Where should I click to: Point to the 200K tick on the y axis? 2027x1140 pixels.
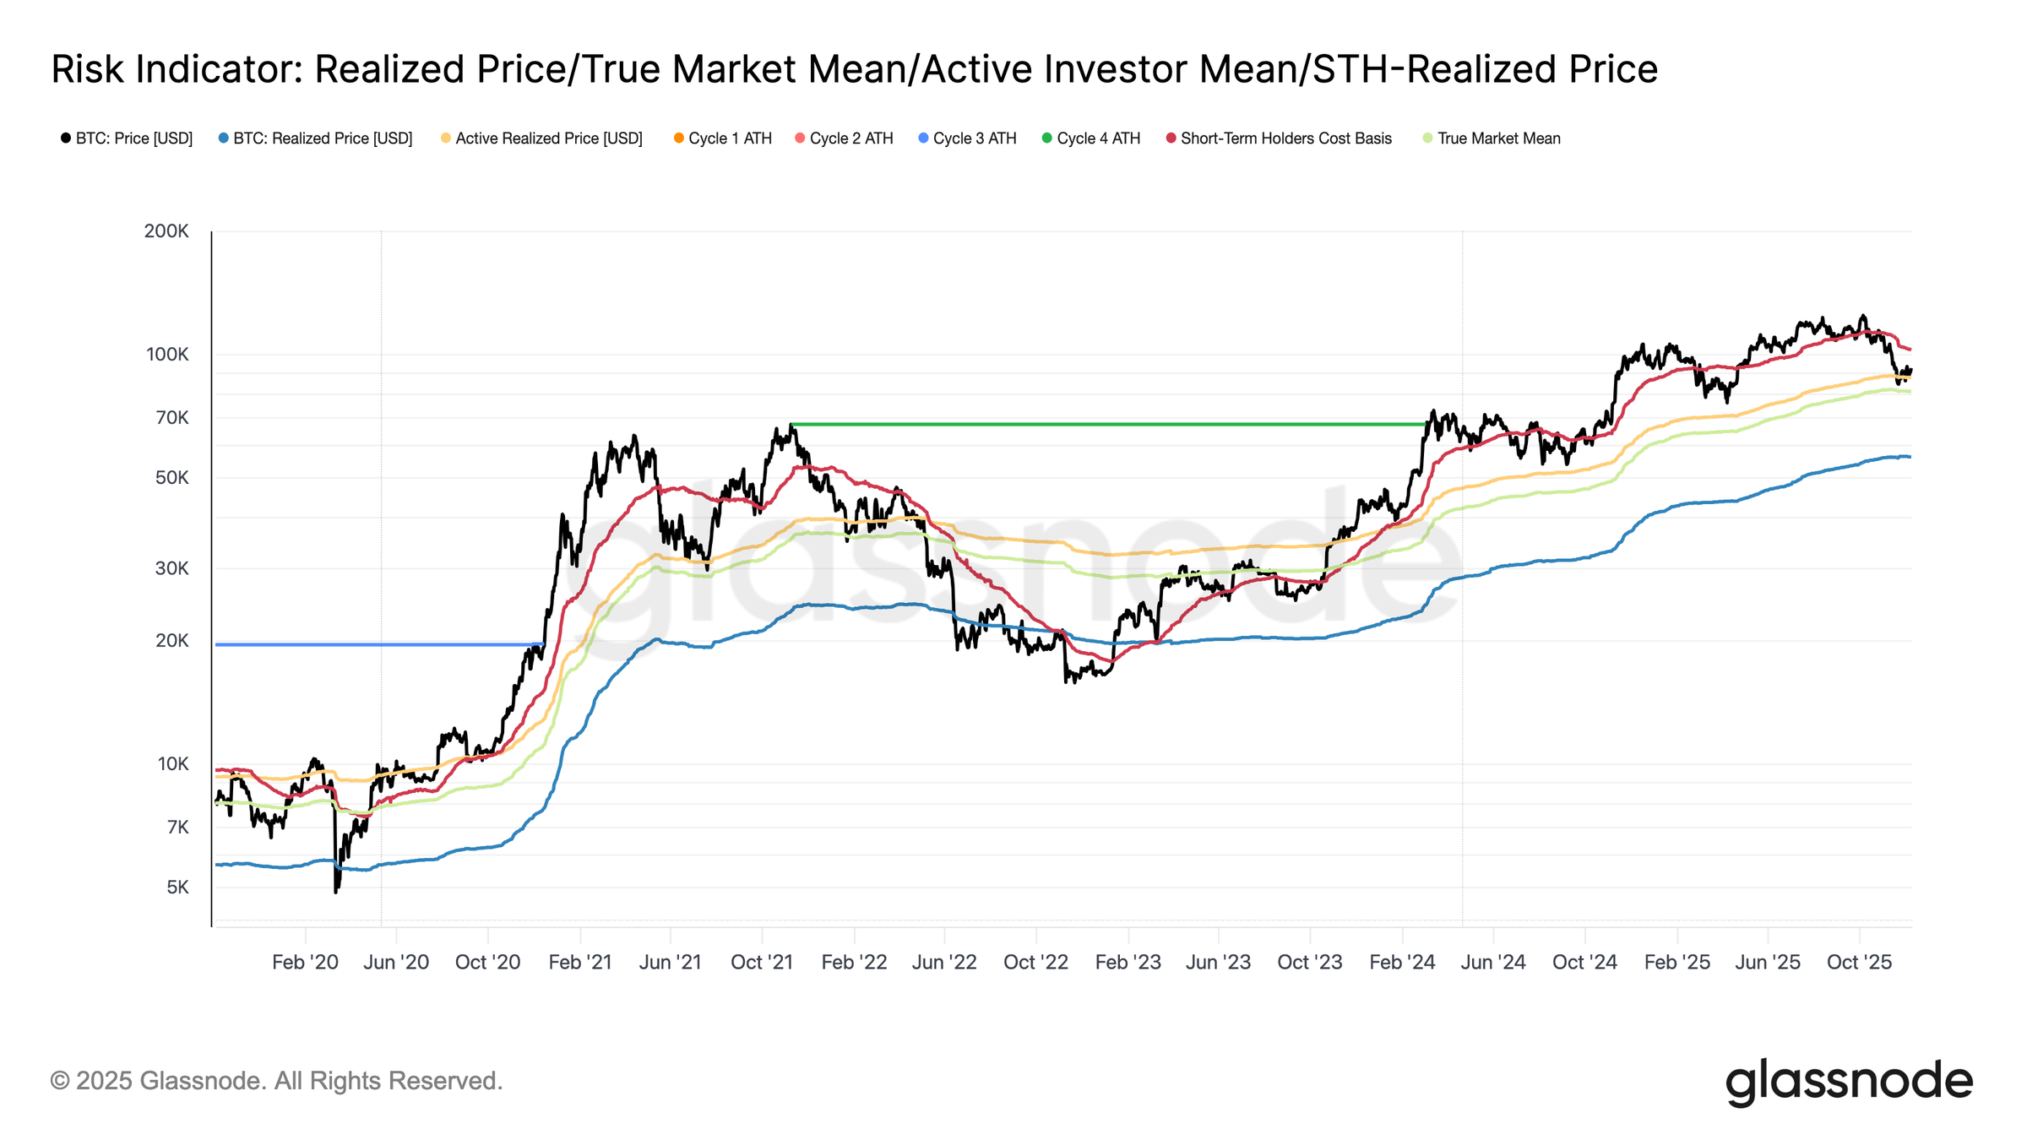(166, 231)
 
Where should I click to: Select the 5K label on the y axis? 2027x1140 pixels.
(177, 888)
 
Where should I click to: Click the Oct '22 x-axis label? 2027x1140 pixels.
(1035, 963)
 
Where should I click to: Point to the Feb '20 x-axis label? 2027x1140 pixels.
(305, 963)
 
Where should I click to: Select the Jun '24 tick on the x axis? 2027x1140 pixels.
(1493, 963)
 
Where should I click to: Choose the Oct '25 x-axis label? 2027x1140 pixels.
(1859, 963)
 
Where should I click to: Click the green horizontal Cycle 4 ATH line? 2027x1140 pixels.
(1098, 424)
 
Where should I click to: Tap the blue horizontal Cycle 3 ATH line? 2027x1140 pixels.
(380, 645)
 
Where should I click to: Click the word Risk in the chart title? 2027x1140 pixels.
(87, 69)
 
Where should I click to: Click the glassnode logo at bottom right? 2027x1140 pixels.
(1848, 1082)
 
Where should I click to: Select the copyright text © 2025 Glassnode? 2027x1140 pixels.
(276, 1081)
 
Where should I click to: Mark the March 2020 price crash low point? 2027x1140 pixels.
(336, 892)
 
